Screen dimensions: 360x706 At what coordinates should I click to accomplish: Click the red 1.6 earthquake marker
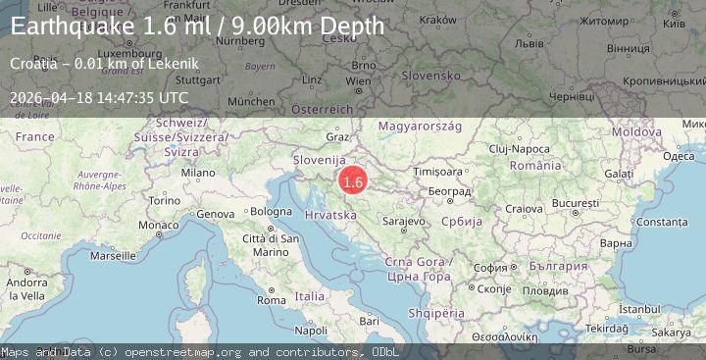(x=353, y=181)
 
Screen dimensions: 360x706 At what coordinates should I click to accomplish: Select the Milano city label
(x=197, y=172)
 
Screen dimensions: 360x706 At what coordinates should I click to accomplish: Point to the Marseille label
(x=112, y=255)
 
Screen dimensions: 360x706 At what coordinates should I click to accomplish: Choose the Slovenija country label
(x=320, y=159)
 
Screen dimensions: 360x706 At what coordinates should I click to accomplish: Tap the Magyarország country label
(x=420, y=127)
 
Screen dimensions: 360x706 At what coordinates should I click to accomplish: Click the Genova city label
(x=216, y=213)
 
